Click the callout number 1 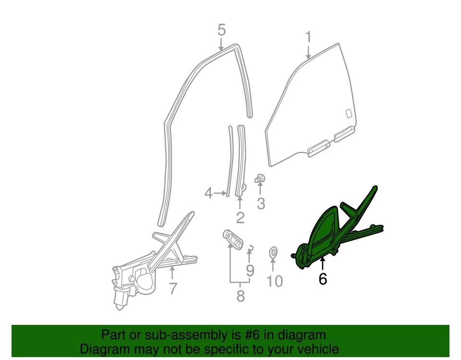(x=308, y=37)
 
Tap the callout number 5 (x=221, y=30)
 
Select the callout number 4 (x=208, y=193)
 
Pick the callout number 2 (x=240, y=217)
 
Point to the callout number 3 (x=261, y=203)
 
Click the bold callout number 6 (x=323, y=278)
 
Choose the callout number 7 (x=173, y=288)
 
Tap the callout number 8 (x=241, y=296)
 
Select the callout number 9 (x=250, y=271)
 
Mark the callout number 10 (x=275, y=281)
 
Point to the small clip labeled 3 (x=260, y=178)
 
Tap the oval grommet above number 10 (x=272, y=250)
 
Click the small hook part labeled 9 (x=250, y=248)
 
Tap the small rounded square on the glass (x=348, y=113)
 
